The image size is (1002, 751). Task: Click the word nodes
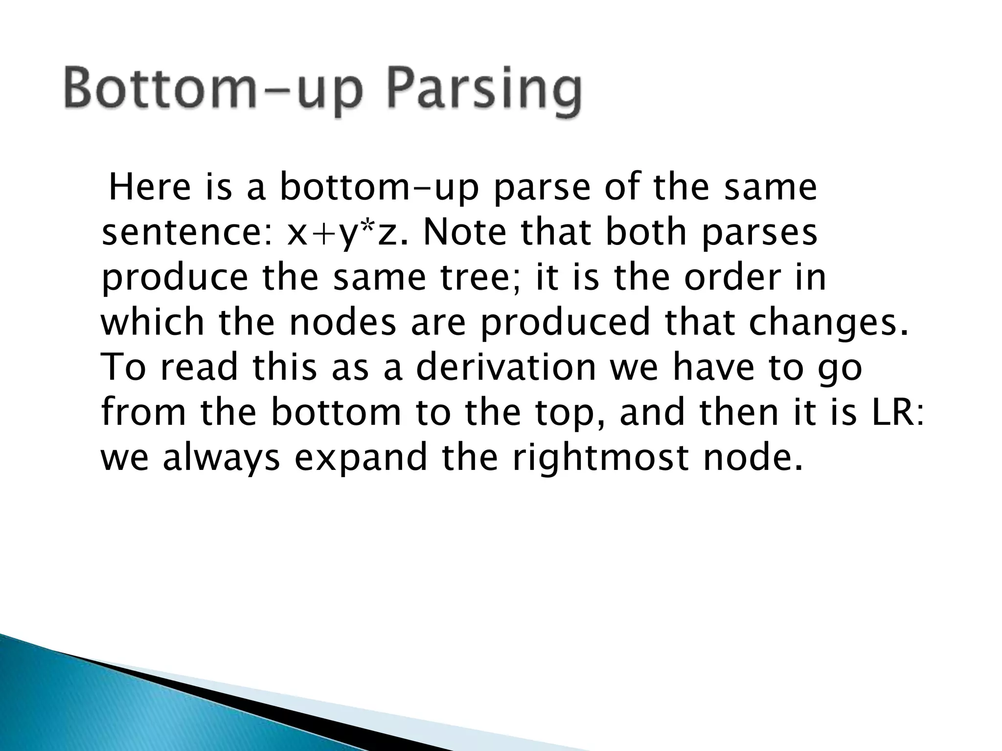342,323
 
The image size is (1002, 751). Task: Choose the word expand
360,458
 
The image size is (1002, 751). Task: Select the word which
152,323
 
